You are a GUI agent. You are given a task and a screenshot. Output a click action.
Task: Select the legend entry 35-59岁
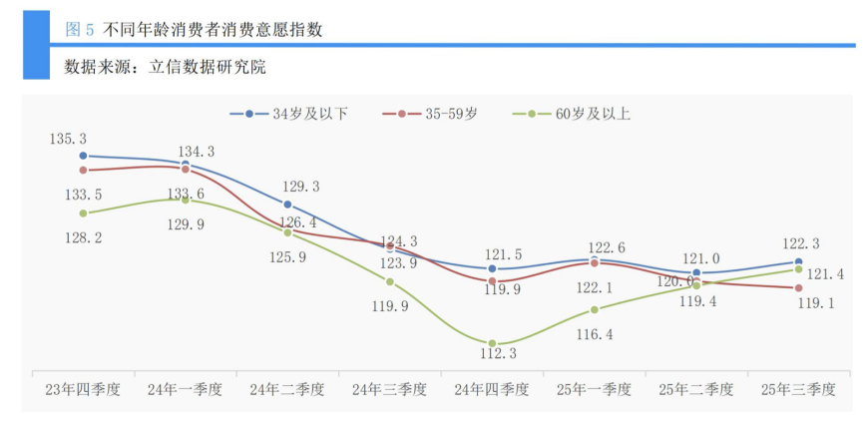pyautogui.click(x=437, y=114)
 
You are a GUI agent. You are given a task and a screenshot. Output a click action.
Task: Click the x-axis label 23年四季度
pyautogui.click(x=83, y=389)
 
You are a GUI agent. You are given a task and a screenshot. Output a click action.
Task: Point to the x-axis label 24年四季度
pyautogui.click(x=492, y=389)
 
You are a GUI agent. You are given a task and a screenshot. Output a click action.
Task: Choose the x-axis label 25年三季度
pyautogui.click(x=798, y=389)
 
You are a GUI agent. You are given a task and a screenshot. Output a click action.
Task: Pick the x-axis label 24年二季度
pyautogui.click(x=287, y=389)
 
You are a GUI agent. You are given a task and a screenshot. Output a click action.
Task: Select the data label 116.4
pyautogui.click(x=595, y=334)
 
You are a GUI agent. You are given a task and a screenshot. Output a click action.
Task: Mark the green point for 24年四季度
pyautogui.click(x=492, y=343)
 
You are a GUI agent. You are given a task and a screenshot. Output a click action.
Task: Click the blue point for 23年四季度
pyautogui.click(x=83, y=156)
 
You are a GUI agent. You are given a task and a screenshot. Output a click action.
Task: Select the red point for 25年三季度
pyautogui.click(x=798, y=288)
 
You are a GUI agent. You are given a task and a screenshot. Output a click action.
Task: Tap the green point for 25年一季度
pyautogui.click(x=595, y=309)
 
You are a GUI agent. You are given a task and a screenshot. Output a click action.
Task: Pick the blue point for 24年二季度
pyautogui.click(x=287, y=204)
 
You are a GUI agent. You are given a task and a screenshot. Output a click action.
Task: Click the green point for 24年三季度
pyautogui.click(x=390, y=282)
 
